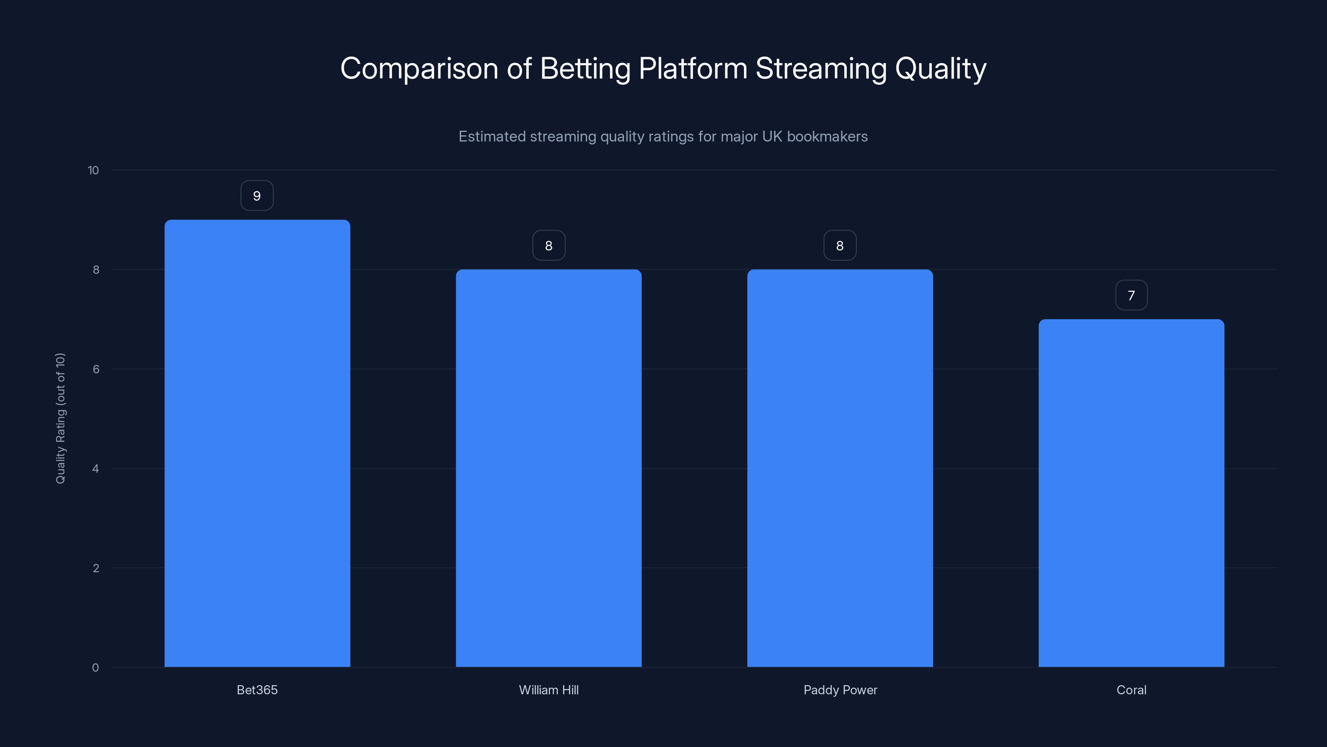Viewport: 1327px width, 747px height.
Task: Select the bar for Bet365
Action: [257, 443]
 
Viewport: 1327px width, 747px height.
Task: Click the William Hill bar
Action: [549, 468]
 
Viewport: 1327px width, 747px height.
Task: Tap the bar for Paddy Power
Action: [840, 468]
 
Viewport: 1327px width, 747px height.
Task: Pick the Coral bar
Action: [1131, 493]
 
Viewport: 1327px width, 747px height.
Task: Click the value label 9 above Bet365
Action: [257, 196]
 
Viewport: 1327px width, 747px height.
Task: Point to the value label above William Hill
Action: [549, 245]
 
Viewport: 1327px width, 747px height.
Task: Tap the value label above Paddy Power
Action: [840, 245]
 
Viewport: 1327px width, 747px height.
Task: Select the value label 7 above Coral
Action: [1131, 295]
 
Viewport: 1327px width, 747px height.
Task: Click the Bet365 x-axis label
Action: [257, 690]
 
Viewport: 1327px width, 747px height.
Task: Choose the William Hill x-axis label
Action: [549, 690]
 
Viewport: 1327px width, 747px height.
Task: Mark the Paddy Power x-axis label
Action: [840, 690]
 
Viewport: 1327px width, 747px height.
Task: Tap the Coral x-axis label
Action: [1131, 690]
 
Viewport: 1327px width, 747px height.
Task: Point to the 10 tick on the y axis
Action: [93, 170]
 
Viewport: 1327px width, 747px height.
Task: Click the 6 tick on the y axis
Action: [96, 369]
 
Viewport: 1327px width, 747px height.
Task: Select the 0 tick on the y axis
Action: [95, 668]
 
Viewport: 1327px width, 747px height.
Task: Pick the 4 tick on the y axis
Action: [95, 469]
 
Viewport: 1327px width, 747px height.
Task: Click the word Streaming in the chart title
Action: [821, 68]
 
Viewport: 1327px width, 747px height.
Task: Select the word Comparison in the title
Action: [419, 68]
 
